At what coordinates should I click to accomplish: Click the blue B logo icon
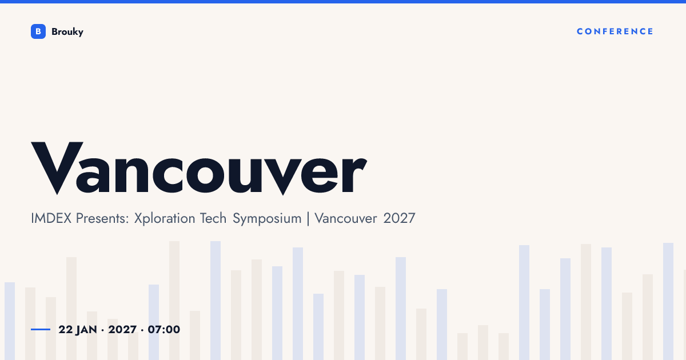pos(38,31)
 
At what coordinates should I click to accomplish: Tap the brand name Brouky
pos(67,32)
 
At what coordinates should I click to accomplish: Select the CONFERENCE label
pos(615,31)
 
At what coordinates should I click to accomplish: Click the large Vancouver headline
pos(199,168)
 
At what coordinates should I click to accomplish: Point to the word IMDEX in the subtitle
pos(51,218)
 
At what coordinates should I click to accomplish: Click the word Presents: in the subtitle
pos(102,218)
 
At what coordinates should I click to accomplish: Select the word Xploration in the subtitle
pos(165,218)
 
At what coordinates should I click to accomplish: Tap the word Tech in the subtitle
pos(213,218)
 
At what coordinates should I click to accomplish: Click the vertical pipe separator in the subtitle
pos(308,218)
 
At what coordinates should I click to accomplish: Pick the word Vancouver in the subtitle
pos(346,218)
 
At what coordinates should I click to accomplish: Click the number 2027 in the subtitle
pos(399,218)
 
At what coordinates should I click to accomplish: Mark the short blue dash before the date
pos(41,329)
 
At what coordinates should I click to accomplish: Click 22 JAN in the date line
pos(78,330)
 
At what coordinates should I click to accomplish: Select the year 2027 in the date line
pos(122,330)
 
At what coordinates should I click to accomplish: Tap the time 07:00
pos(164,330)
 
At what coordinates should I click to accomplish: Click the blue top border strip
pos(343,2)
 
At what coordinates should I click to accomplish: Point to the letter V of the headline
pos(57,168)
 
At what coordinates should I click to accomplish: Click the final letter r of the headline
pos(354,174)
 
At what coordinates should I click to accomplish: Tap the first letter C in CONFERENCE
pos(580,31)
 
